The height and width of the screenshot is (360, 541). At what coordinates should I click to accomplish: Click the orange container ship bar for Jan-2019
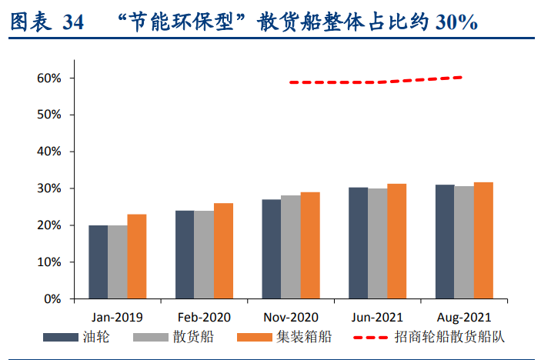(x=136, y=256)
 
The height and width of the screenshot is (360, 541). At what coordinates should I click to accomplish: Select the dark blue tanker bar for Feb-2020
(x=185, y=255)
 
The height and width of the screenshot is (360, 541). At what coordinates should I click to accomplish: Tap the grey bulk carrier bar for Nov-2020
(x=290, y=247)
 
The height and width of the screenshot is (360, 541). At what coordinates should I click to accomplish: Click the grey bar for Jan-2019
(x=117, y=262)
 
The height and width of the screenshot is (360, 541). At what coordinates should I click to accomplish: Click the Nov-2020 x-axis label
(x=291, y=317)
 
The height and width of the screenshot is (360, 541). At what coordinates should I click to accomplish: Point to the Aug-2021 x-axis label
(x=464, y=317)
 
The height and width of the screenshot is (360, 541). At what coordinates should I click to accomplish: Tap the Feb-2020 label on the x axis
(x=204, y=317)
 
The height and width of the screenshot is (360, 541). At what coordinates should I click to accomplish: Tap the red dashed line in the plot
(x=377, y=82)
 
